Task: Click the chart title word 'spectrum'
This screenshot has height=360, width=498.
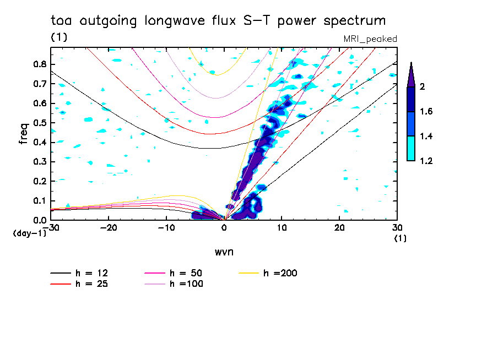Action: [355, 21]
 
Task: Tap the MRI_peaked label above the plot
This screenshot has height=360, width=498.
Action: [370, 39]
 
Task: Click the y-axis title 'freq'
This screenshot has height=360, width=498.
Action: [24, 134]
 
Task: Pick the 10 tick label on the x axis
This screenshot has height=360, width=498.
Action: [282, 227]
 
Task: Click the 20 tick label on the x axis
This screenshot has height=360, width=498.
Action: [339, 227]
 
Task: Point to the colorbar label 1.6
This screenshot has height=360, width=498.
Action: [426, 112]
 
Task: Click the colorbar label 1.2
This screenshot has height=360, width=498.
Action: [426, 161]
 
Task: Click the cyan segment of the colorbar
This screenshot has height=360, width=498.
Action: [411, 148]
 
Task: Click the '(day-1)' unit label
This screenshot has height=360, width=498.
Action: [29, 233]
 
